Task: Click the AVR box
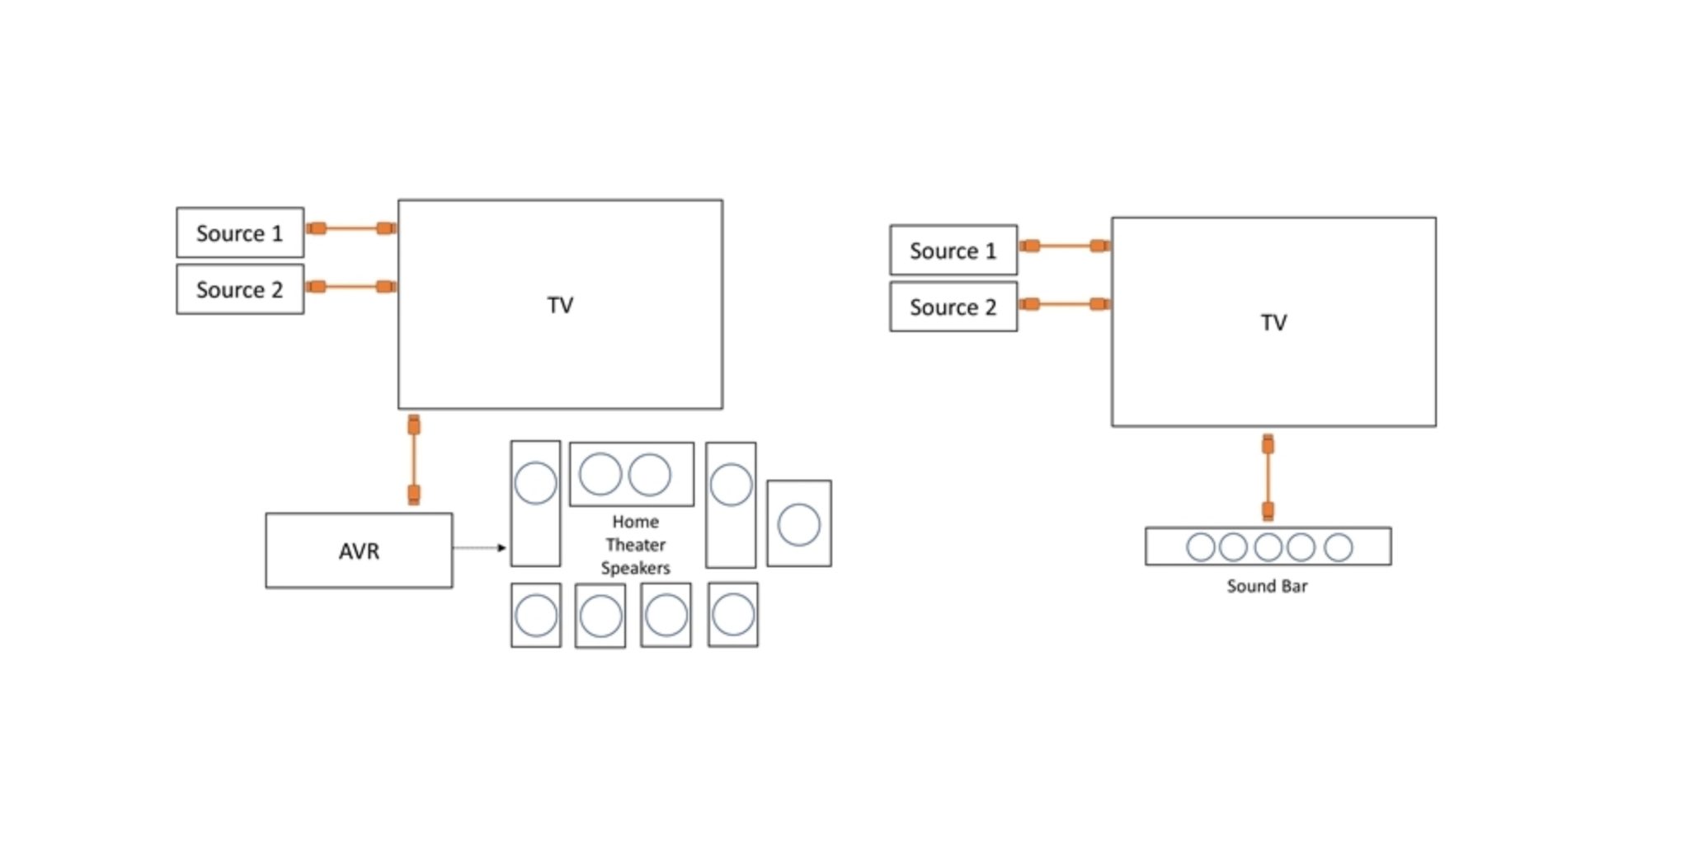[x=359, y=551]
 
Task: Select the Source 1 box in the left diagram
[x=240, y=232]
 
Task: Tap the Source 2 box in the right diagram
[x=953, y=307]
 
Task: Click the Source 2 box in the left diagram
[x=240, y=289]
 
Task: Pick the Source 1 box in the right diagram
[x=953, y=250]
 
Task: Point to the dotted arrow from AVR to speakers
[x=478, y=547]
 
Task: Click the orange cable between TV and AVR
[x=414, y=460]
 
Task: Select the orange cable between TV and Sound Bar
[x=1268, y=478]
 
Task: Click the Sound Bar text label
[x=1267, y=586]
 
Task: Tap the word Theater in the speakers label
[x=635, y=545]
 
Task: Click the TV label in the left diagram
[x=560, y=305]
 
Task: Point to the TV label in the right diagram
[x=1273, y=322]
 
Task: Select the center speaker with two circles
[x=632, y=475]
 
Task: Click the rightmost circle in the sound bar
[x=1338, y=546]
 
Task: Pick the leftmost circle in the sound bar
[x=1200, y=546]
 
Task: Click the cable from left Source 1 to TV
[x=351, y=228]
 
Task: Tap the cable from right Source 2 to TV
[x=1064, y=304]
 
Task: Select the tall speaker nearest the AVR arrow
[x=535, y=504]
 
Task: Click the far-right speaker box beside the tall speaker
[x=798, y=523]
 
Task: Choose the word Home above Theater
[x=635, y=522]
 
